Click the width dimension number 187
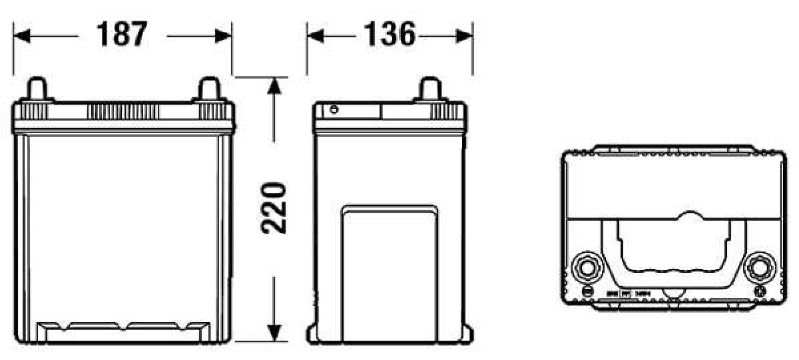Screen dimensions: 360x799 [121, 35]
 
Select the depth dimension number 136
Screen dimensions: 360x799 [390, 35]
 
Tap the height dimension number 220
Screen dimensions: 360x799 [274, 207]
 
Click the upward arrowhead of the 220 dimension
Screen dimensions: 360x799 [274, 85]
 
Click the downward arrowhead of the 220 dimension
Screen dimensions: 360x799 [274, 332]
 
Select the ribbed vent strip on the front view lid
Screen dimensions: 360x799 [123, 110]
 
